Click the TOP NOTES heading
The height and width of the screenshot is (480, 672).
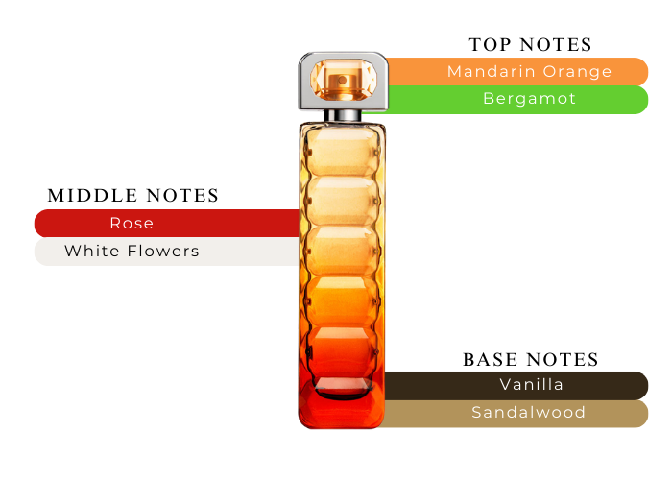point(530,45)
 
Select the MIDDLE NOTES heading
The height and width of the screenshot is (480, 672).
point(133,196)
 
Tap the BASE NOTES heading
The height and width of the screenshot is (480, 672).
point(530,360)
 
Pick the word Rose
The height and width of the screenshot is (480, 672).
point(132,223)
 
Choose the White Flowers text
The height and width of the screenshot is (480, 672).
point(132,252)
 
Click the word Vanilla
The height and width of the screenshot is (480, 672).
point(531,385)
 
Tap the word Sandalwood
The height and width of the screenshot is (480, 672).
point(528,413)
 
